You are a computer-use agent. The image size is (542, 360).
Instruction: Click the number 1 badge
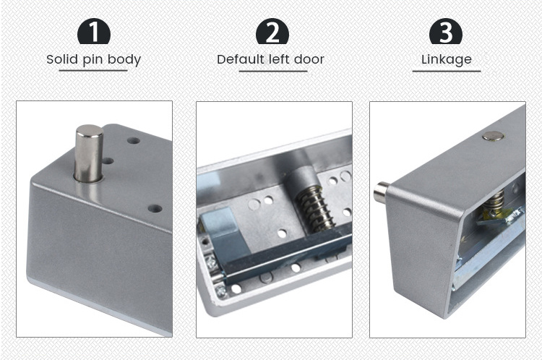pyautogui.click(x=93, y=33)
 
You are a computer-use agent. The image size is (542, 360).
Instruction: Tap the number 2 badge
pyautogui.click(x=272, y=33)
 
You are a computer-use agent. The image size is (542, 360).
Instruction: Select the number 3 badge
pyautogui.click(x=446, y=33)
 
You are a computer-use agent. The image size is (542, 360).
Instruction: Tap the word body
pyautogui.click(x=126, y=60)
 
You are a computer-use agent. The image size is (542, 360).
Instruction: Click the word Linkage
pyautogui.click(x=446, y=60)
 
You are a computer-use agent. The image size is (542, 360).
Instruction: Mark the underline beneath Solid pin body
pyautogui.click(x=93, y=70)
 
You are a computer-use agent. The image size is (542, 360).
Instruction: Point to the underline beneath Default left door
pyautogui.click(x=272, y=71)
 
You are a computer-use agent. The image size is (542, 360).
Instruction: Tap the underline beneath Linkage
pyautogui.click(x=446, y=71)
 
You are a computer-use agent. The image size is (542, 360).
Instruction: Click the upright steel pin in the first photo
pyautogui.click(x=89, y=153)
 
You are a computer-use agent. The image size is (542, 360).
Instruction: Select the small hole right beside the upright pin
pyautogui.click(x=108, y=160)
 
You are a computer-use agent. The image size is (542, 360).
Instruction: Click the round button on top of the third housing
pyautogui.click(x=493, y=135)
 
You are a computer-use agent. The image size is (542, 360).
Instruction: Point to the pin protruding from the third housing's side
pyautogui.click(x=382, y=193)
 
